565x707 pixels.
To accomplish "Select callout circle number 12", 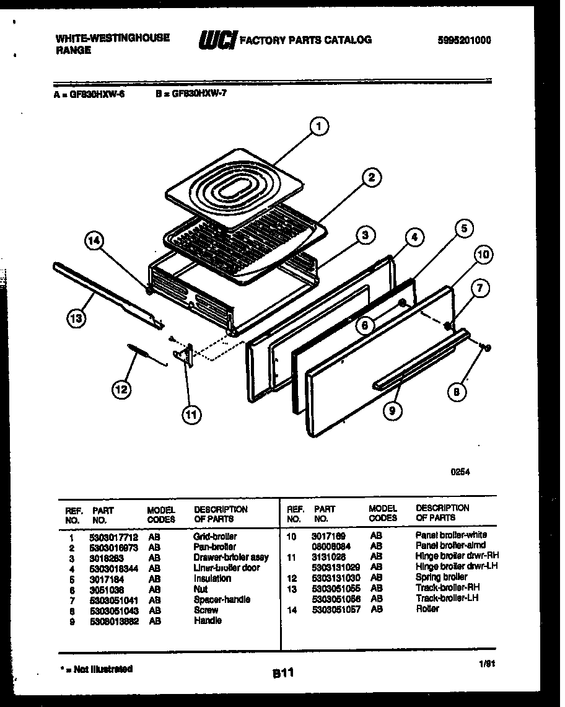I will click(x=121, y=389).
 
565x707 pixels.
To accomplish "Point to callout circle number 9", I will click(x=392, y=410).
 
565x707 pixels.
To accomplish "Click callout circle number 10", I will click(x=485, y=255).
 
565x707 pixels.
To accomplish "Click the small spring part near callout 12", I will click(x=141, y=353).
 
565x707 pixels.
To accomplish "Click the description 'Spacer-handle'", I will click(x=222, y=599).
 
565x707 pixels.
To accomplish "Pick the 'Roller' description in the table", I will click(x=427, y=609).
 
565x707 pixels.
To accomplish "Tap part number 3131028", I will click(x=328, y=556).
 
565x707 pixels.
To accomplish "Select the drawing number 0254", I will click(x=459, y=472).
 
